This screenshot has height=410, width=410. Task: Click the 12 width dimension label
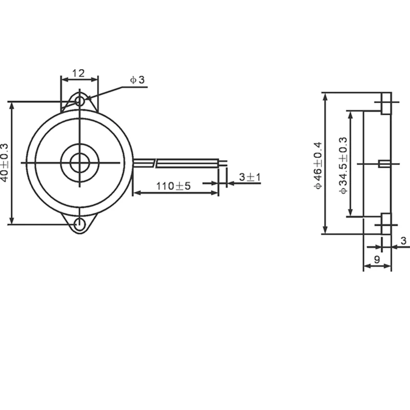(78, 73)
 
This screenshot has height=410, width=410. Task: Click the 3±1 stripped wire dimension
(250, 177)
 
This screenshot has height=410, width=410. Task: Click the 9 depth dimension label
(377, 259)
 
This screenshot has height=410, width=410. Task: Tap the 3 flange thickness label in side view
(403, 240)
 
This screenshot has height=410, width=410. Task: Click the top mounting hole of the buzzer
(80, 101)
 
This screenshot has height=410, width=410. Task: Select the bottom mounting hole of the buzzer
(80, 224)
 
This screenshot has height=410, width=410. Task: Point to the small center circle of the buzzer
(80, 163)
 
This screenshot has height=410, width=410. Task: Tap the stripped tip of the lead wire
(223, 163)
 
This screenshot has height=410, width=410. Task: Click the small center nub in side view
(382, 163)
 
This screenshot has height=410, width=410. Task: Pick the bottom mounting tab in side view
(385, 223)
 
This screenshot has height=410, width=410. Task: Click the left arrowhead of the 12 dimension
(64, 79)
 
